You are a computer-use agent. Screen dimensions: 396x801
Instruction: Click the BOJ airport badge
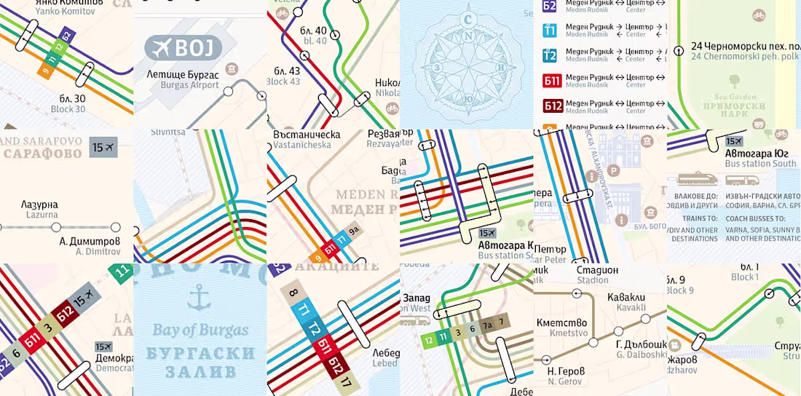184,48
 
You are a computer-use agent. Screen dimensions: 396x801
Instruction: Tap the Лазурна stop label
39,205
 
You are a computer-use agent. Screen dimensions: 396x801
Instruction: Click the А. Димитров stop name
89,241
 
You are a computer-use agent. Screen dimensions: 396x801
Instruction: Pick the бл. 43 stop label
284,71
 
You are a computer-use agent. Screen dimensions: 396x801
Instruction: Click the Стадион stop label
592,270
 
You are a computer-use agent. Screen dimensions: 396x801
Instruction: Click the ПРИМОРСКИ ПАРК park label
728,111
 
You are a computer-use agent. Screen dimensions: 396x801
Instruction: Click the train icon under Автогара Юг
697,178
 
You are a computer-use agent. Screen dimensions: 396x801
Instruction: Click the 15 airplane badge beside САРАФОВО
103,148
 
